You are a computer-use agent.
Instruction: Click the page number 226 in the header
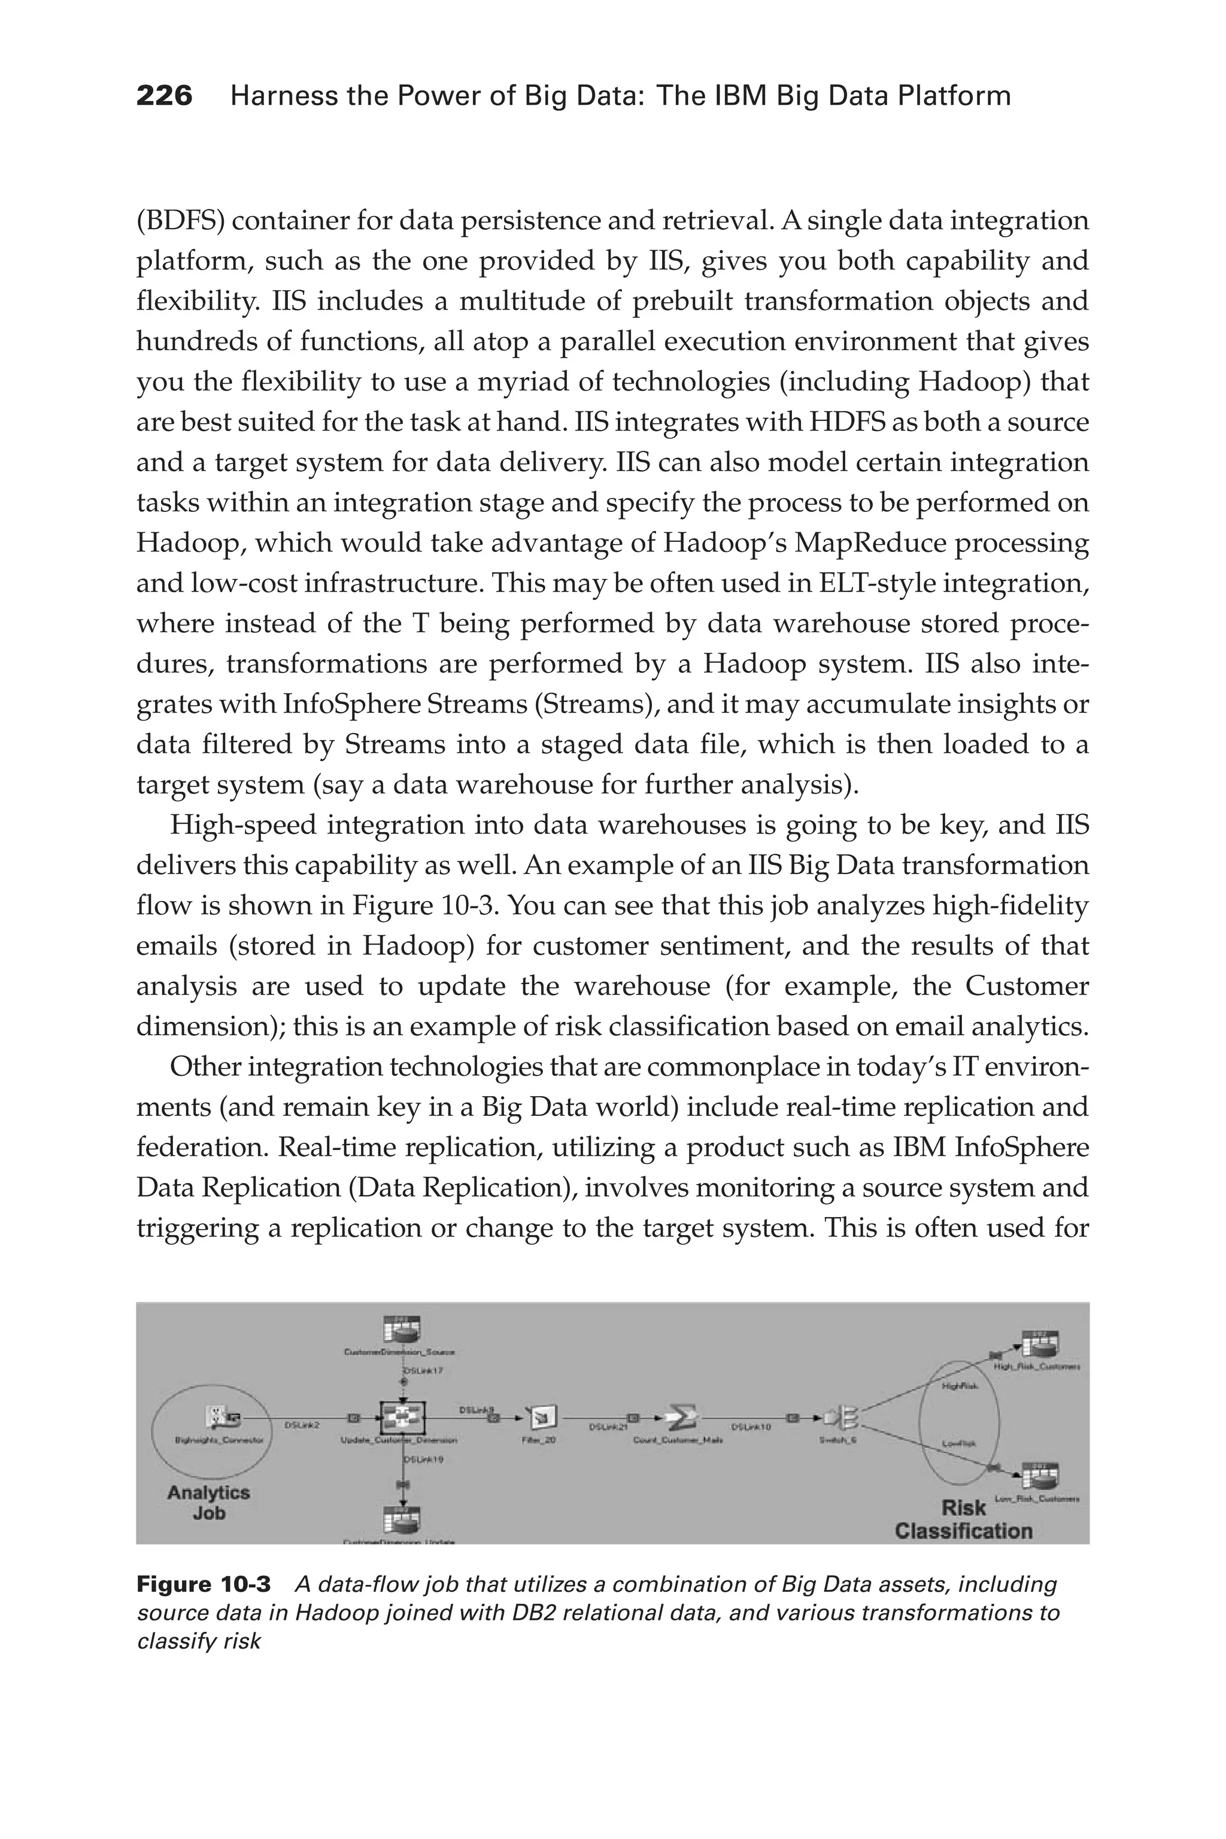click(x=164, y=96)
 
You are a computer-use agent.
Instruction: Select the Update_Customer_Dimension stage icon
click(x=402, y=1416)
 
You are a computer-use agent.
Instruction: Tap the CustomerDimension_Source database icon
click(x=402, y=1330)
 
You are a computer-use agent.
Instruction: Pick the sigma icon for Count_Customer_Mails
click(x=681, y=1415)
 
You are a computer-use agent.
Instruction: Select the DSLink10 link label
click(x=751, y=1427)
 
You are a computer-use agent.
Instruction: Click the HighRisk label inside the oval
click(x=961, y=1385)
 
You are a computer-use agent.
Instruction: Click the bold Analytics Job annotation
click(x=208, y=1502)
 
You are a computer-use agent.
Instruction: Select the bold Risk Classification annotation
click(x=963, y=1519)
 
